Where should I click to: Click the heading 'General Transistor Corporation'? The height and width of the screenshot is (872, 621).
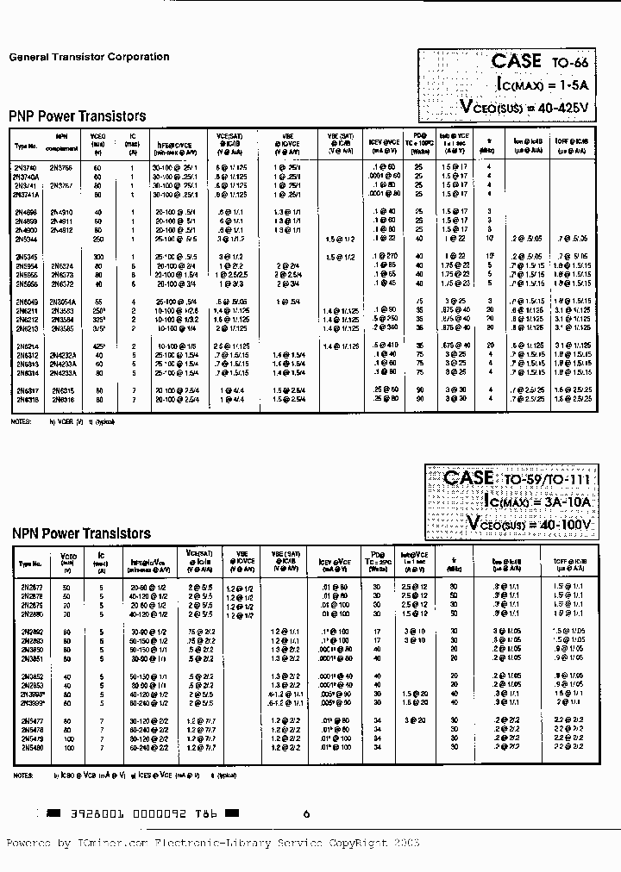pos(89,57)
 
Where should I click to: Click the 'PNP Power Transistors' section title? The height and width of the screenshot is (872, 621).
pos(77,115)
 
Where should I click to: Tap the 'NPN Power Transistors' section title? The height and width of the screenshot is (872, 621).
pos(81,533)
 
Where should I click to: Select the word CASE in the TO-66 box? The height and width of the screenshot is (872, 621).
pos(516,60)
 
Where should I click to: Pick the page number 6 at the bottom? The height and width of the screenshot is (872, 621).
pos(306,813)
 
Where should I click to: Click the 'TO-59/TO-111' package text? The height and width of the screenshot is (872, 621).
pos(543,480)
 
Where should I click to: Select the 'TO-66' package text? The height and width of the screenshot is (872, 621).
pos(567,62)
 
